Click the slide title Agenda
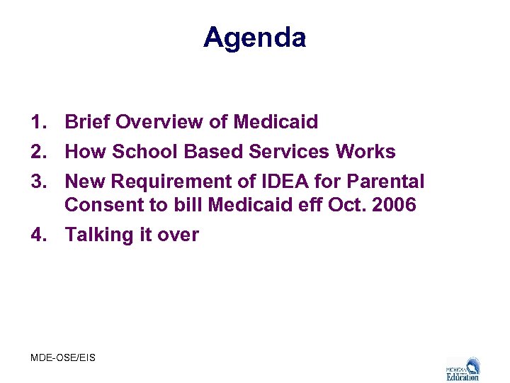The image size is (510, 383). [254, 37]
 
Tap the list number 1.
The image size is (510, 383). [38, 122]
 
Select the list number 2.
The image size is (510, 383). [38, 152]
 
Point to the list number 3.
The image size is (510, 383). [38, 182]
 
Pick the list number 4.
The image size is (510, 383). [38, 235]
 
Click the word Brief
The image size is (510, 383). [87, 122]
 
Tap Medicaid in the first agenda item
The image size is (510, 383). [274, 122]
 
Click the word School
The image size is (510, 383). [144, 152]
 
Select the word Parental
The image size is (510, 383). [385, 182]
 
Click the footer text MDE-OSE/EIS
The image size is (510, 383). [63, 357]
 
